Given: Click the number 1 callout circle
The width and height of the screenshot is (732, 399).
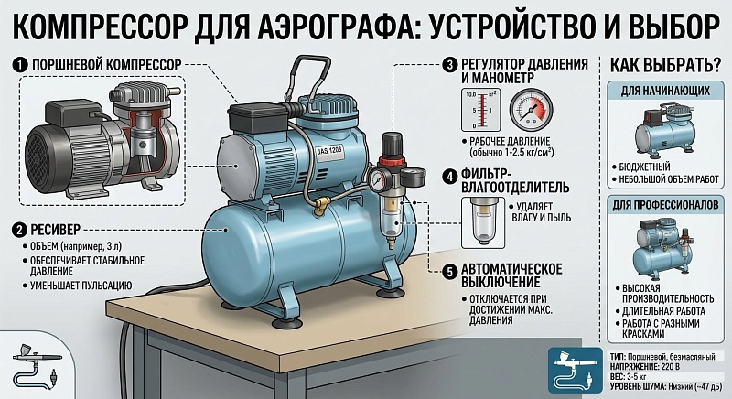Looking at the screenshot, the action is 19,65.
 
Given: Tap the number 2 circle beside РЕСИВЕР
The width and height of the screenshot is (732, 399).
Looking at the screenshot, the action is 19,230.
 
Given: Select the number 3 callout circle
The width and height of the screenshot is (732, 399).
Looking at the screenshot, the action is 450,65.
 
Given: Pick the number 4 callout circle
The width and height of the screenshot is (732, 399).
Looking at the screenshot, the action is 450,177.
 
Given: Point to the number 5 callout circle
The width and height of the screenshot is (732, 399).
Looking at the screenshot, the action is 450,272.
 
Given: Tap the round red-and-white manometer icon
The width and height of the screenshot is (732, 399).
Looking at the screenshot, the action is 531,110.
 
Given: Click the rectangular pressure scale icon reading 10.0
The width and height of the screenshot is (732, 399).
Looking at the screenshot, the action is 481,110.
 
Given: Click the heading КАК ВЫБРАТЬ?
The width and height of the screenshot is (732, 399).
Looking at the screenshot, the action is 666,66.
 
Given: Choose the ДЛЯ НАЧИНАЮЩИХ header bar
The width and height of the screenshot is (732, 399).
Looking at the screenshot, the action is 665,91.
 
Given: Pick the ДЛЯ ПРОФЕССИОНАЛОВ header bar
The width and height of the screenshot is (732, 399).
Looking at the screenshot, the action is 665,205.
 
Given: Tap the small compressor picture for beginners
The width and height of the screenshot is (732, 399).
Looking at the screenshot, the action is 665,132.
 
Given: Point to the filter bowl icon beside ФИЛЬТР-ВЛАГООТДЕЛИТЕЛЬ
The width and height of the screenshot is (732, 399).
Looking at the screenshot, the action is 483,222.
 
